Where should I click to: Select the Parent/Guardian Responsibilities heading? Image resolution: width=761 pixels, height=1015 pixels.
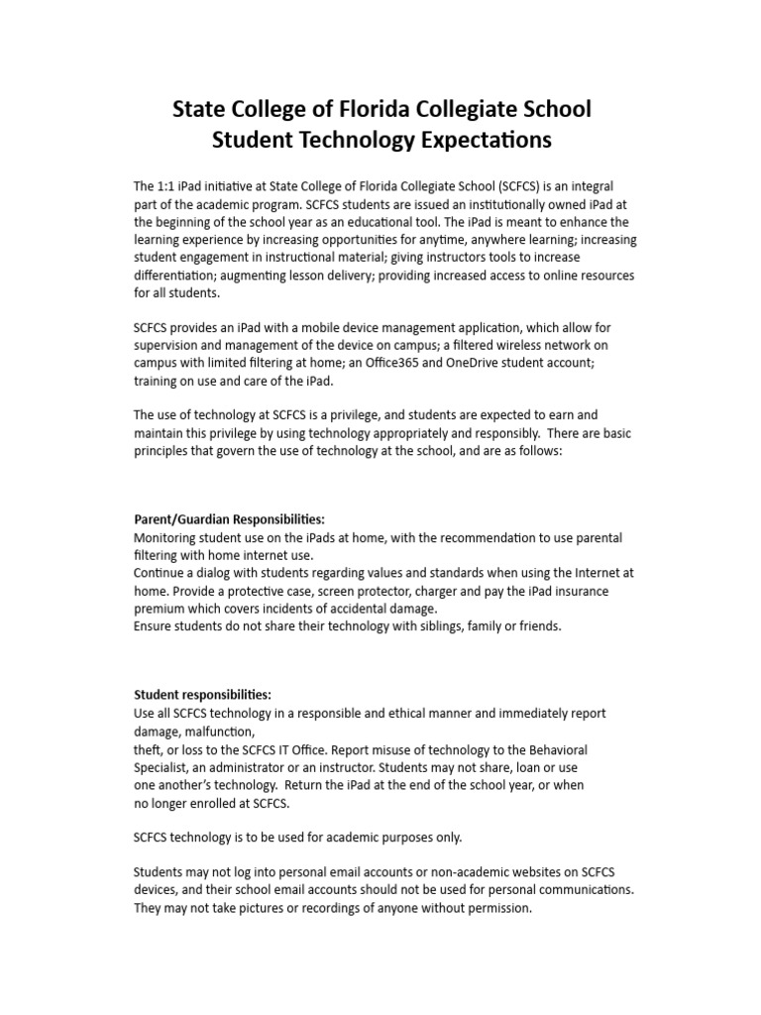229,519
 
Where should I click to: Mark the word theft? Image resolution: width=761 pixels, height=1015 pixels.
150,749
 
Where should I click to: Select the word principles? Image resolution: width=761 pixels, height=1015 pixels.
164,450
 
